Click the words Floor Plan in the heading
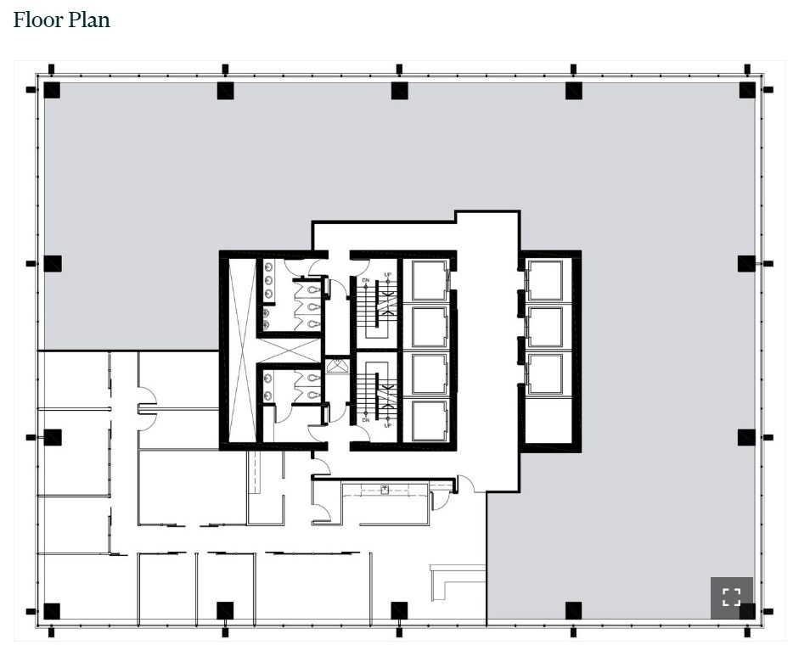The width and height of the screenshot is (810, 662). tap(62, 20)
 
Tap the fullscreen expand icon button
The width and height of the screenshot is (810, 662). tap(731, 597)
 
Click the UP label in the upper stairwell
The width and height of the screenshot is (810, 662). tap(388, 275)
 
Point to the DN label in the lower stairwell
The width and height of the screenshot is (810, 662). tap(366, 419)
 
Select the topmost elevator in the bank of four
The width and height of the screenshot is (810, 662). tap(429, 280)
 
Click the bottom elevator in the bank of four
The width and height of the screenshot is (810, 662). tap(429, 419)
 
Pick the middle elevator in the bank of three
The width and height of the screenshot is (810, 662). tap(544, 327)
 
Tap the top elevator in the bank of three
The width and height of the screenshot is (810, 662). tap(544, 280)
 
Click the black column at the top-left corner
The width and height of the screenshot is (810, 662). tap(52, 90)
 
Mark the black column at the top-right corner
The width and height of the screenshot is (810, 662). tap(747, 90)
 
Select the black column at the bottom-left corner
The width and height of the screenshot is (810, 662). tap(52, 610)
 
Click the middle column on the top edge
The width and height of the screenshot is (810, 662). tap(399, 90)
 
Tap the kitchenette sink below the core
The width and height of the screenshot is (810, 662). tap(385, 489)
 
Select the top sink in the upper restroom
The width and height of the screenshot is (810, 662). tap(268, 267)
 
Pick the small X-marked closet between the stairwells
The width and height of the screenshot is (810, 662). tap(337, 366)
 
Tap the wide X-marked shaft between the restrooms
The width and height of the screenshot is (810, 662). tap(289, 350)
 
